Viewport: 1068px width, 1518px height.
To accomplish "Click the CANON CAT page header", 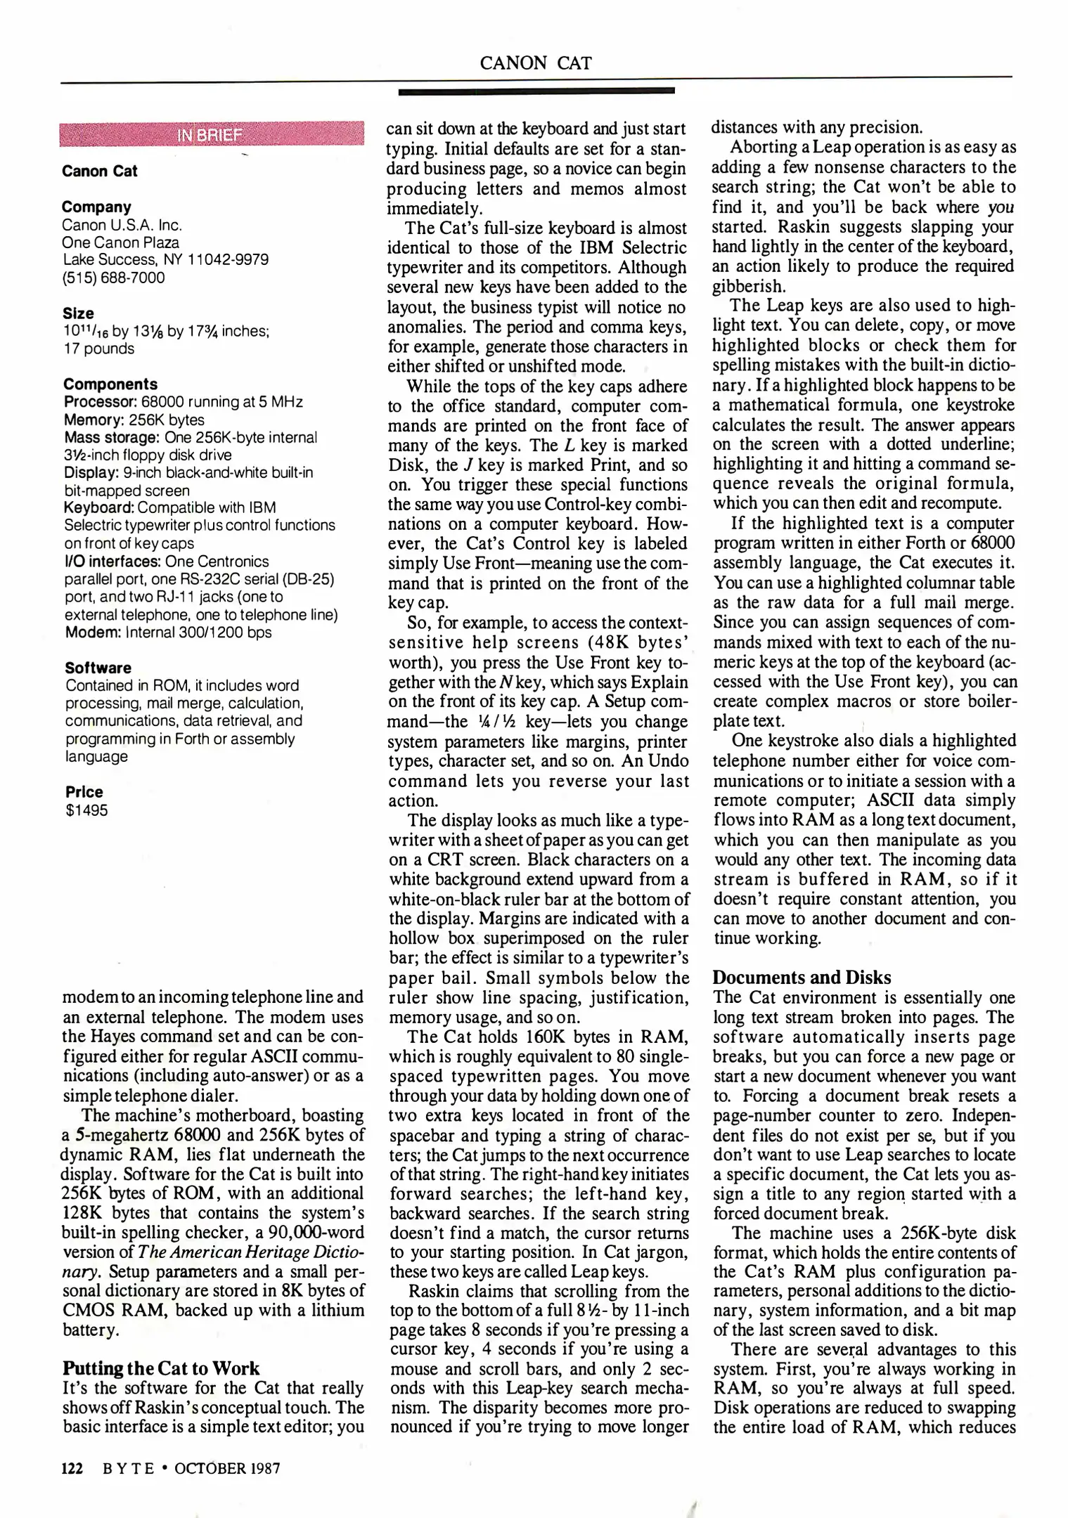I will pos(535,63).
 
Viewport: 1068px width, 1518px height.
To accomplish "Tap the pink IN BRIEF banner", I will pos(212,134).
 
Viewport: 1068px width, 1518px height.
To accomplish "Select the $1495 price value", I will pos(86,810).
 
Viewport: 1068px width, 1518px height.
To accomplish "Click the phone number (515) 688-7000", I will pos(113,278).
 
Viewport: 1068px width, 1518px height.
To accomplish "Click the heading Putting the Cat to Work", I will pos(161,1368).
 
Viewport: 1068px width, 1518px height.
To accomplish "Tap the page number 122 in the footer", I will pos(72,1468).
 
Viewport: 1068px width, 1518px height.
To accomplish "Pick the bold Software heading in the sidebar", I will pos(98,667).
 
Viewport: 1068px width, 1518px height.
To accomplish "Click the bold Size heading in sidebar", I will pos(77,313).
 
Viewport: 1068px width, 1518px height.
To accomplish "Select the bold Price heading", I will pos(84,791).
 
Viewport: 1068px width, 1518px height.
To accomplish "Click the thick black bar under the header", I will pos(536,91).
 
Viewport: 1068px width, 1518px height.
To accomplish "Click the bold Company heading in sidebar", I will pos(96,207).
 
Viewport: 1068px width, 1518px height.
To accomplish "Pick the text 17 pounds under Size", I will pos(98,349).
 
